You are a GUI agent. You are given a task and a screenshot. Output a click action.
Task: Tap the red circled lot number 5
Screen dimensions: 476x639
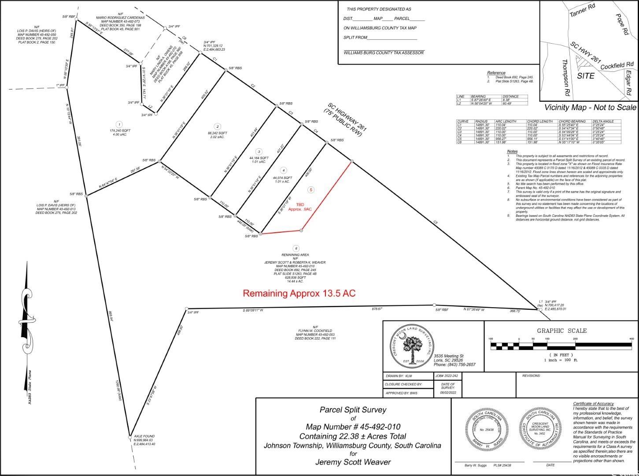(x=311, y=190)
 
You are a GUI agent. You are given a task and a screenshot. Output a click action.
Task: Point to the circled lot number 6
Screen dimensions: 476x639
(x=296, y=249)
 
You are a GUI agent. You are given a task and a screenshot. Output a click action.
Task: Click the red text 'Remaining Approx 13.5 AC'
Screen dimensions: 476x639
(x=299, y=293)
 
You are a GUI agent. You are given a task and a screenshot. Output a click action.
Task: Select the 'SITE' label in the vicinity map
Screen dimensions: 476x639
(x=586, y=76)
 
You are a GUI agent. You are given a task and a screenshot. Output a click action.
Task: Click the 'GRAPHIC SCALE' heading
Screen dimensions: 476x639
(x=561, y=331)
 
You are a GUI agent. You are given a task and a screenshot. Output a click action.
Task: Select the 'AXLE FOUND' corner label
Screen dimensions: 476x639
(x=144, y=436)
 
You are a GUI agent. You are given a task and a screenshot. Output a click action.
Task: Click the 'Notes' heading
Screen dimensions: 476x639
(x=512, y=151)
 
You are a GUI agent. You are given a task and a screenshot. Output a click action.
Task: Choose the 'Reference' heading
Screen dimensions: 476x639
(x=496, y=73)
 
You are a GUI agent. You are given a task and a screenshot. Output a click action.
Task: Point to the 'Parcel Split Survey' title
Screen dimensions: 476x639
(x=353, y=409)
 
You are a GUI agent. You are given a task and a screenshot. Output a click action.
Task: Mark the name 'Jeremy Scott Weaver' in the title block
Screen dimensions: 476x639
(x=353, y=462)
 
